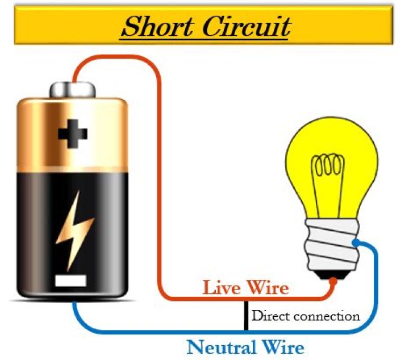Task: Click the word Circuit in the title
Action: coord(248,27)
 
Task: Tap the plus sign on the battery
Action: coord(73,134)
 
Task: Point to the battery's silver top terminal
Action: coord(72,89)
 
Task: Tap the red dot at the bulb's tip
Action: coord(333,280)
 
